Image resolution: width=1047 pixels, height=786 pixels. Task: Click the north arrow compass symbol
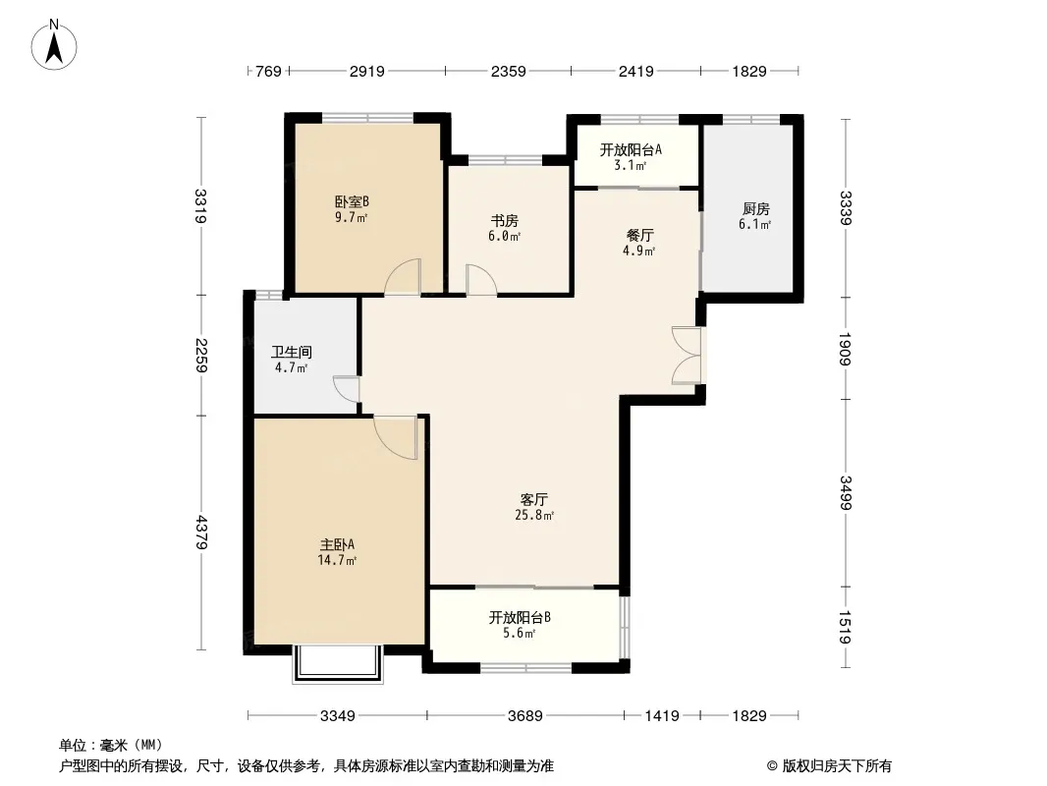[x=54, y=45]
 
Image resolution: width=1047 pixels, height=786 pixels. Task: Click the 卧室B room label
[x=352, y=201]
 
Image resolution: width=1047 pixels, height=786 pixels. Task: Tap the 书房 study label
[x=504, y=220]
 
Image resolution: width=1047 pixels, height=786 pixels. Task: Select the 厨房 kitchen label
[x=755, y=209]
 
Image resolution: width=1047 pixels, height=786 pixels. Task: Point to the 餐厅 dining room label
[x=639, y=235]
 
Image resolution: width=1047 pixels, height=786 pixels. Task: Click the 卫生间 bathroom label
[x=292, y=352]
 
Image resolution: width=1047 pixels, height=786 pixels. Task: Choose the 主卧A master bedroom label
[x=337, y=544]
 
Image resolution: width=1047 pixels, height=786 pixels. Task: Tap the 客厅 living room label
[x=534, y=499]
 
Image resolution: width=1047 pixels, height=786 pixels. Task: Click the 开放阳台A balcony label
[x=631, y=149]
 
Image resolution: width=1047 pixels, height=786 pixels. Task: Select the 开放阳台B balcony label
[x=520, y=617]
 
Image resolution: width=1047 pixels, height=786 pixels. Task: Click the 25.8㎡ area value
[x=534, y=515]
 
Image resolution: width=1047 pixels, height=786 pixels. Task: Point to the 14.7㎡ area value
[x=337, y=560]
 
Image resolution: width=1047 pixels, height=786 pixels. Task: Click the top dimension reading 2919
[x=367, y=71]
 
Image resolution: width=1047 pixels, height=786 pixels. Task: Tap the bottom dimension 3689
[x=525, y=716]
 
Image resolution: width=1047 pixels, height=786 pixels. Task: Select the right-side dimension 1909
[x=845, y=349]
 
